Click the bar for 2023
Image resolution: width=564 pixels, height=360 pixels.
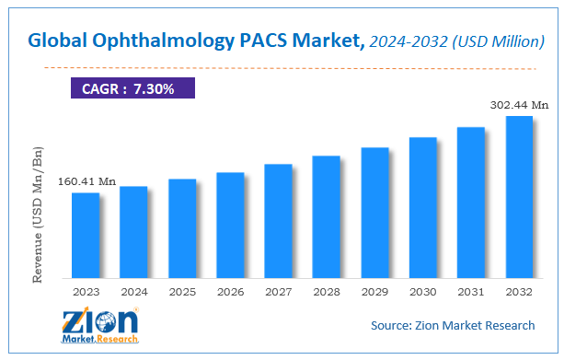86,235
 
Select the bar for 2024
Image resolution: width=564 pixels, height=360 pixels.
133,232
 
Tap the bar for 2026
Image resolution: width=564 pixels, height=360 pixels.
230,225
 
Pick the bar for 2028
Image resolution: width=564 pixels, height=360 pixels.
327,216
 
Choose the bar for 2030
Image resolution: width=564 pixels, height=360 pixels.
422,207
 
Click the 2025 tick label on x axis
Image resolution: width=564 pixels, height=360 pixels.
182,292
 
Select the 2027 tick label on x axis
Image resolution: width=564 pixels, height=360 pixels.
278,292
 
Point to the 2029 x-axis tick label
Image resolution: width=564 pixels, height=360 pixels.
374,292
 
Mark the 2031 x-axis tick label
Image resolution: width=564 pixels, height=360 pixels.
470,292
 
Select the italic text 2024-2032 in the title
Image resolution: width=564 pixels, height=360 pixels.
401,41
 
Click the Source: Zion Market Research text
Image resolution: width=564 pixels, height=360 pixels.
453,325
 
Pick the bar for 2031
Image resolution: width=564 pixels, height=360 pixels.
470,202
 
